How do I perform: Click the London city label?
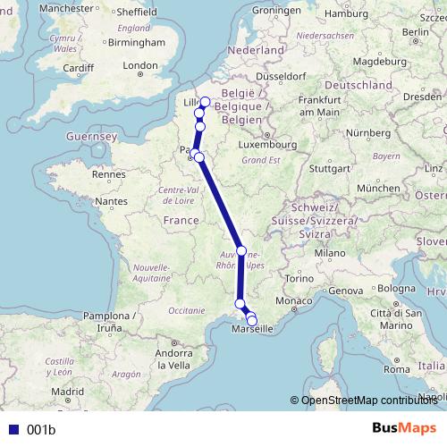coord(140,65)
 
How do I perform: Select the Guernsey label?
coord(91,136)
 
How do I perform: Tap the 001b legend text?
coord(41,430)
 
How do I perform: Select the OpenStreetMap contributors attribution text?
coord(367,400)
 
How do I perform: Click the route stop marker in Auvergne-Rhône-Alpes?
coord(241,251)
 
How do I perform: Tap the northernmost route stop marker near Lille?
coord(205,102)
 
